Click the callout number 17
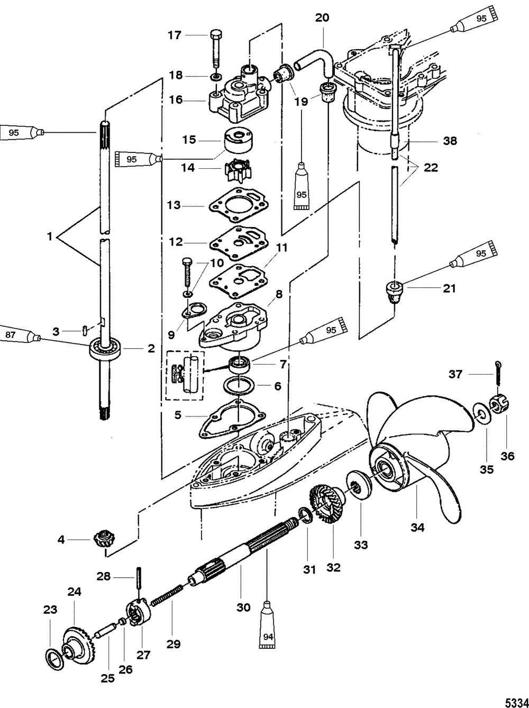point(175,35)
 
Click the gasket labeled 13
point(239,205)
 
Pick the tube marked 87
point(20,335)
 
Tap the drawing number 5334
point(517,700)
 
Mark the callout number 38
point(450,141)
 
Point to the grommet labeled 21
point(395,292)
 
